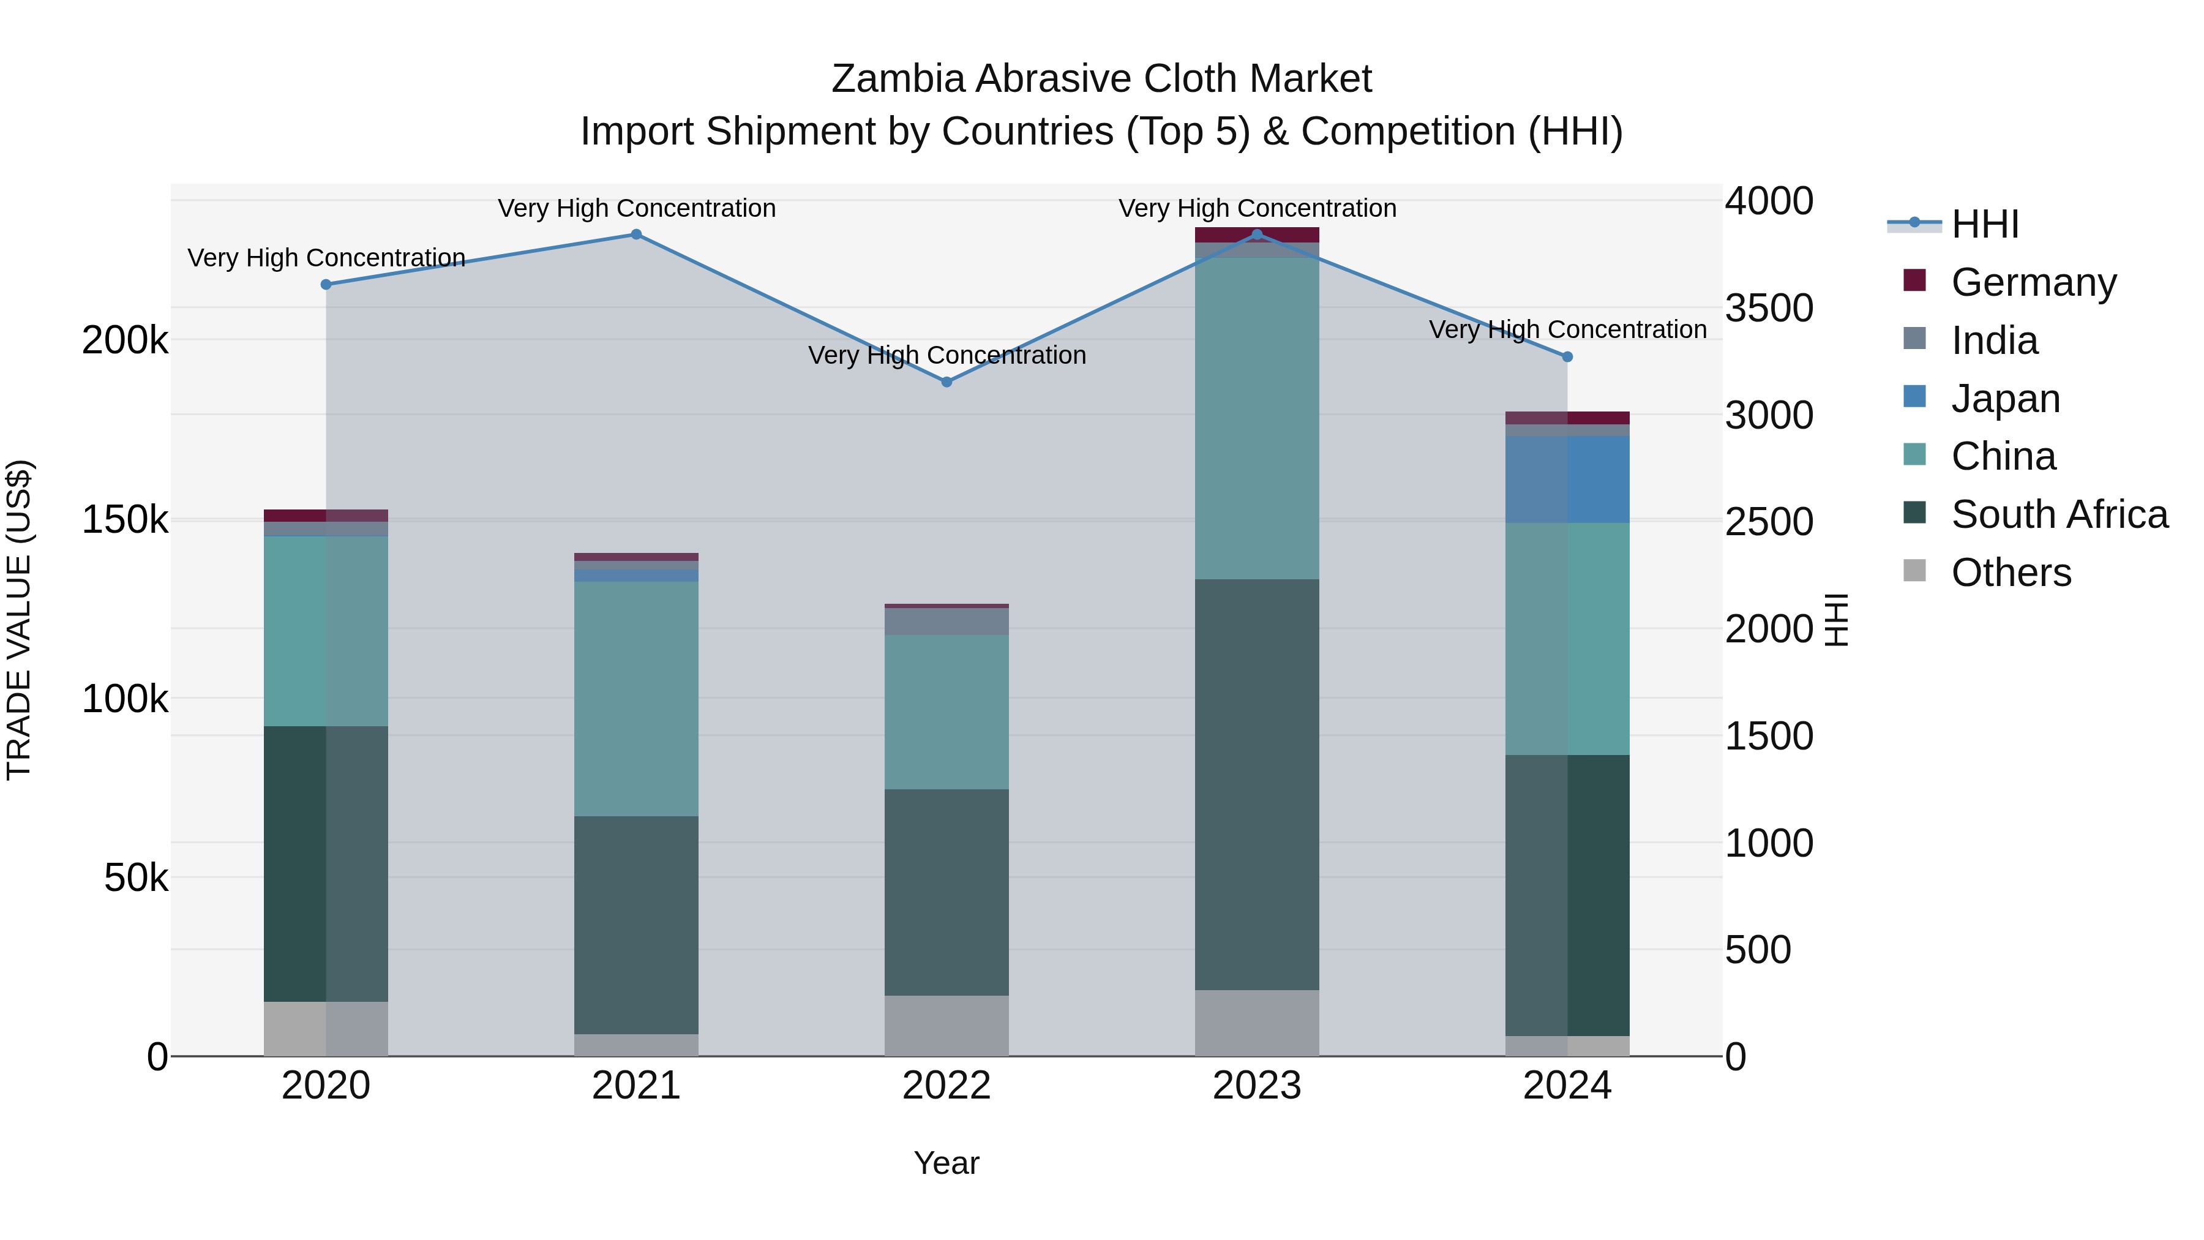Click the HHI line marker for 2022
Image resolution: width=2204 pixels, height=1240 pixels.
click(x=946, y=381)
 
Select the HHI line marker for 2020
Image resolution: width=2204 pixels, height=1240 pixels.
click(x=326, y=284)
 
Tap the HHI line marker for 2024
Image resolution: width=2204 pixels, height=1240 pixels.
click(x=1567, y=357)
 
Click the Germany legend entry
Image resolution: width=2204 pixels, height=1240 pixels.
click(x=2033, y=282)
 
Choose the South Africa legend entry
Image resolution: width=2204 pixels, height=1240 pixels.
click(x=2058, y=514)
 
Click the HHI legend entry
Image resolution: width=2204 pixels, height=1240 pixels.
click(x=1985, y=224)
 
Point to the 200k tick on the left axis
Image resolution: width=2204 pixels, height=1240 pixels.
click(x=125, y=340)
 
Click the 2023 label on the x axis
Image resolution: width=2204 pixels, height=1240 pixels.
click(x=1257, y=1086)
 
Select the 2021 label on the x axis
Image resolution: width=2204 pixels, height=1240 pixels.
click(x=635, y=1086)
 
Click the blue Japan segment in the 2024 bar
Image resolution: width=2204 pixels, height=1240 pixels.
click(x=1567, y=479)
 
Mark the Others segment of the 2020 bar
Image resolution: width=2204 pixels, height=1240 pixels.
click(x=326, y=1029)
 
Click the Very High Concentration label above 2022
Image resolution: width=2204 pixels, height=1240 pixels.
click(x=946, y=355)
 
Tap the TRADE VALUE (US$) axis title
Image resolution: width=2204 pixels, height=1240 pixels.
click(x=19, y=620)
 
